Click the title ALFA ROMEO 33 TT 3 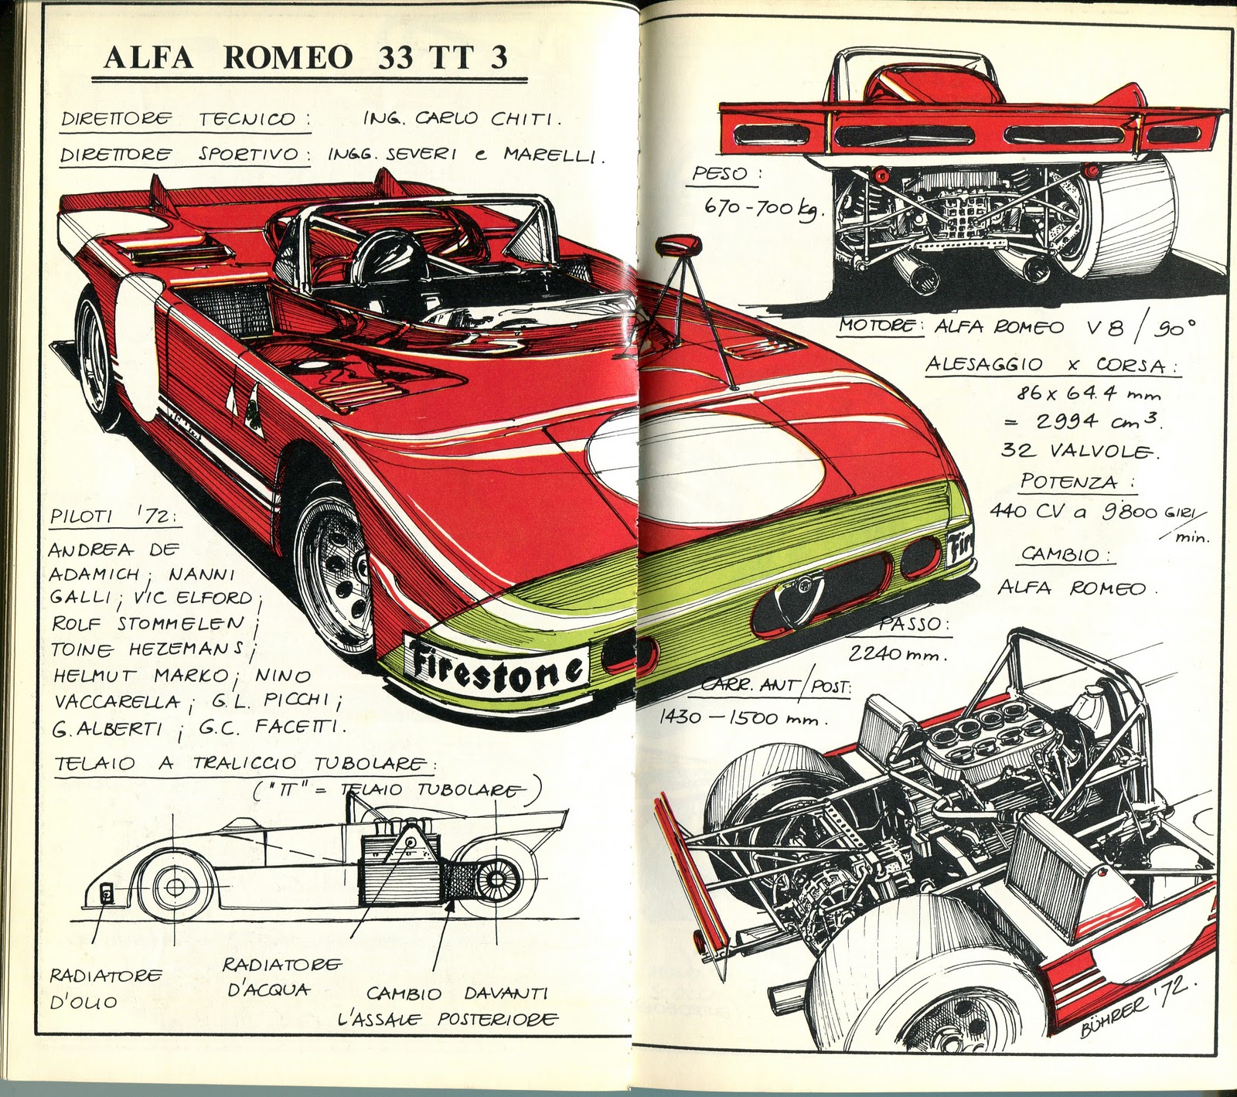(305, 58)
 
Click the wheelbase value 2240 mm (896, 654)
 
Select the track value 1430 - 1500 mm (741, 718)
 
